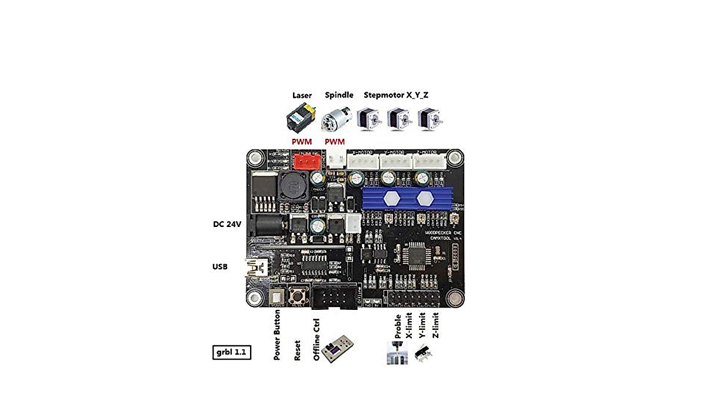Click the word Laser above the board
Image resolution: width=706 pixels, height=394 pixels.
tap(302, 95)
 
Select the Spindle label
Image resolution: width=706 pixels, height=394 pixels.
tap(339, 95)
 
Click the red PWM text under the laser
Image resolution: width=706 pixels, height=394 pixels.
tap(302, 142)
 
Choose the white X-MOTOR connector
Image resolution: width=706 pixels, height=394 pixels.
tap(362, 161)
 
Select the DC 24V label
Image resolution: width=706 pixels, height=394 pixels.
tap(228, 224)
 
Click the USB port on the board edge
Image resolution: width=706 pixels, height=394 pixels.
tap(257, 269)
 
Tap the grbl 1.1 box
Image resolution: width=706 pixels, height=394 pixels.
tap(232, 352)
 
